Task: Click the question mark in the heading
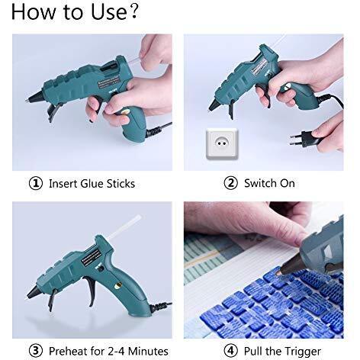(x=133, y=11)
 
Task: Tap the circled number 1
(x=36, y=183)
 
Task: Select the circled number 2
(x=230, y=183)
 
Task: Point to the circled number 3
(x=36, y=351)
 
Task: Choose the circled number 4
(x=230, y=351)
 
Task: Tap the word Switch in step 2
(x=259, y=183)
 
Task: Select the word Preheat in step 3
(x=69, y=352)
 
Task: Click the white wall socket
(x=222, y=143)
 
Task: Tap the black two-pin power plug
(x=304, y=139)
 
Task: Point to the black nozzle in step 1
(x=34, y=96)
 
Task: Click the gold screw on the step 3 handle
(x=117, y=286)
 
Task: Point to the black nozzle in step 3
(x=34, y=292)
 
